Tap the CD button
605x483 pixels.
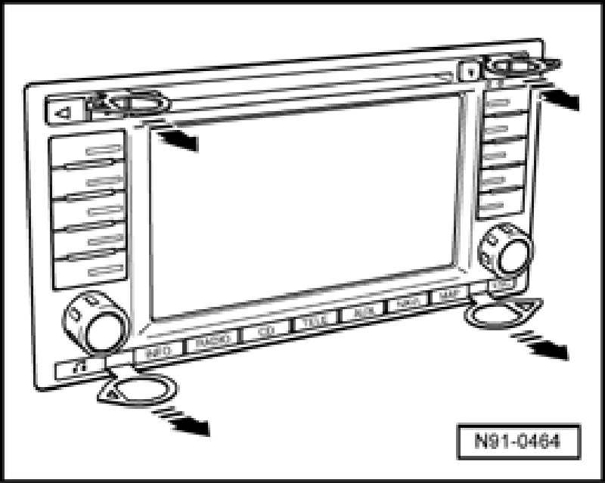[x=264, y=332]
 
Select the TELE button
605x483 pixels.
[x=312, y=323]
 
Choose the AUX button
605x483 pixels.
[x=360, y=313]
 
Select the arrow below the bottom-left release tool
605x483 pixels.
[x=183, y=421]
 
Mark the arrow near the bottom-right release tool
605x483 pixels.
[x=542, y=342]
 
